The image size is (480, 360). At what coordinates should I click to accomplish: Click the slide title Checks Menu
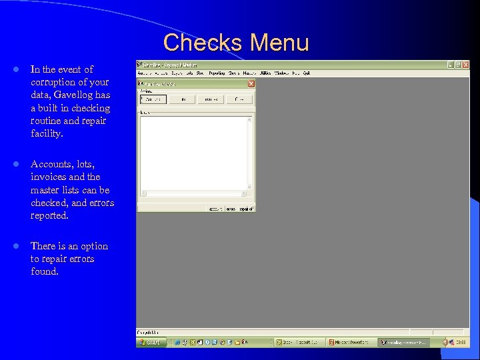pyautogui.click(x=236, y=43)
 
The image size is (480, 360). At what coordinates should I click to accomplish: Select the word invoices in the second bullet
pyautogui.click(x=48, y=177)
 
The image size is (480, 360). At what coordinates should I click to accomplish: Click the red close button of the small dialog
pyautogui.click(x=251, y=83)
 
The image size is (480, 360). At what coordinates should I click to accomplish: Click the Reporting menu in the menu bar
pyautogui.click(x=217, y=73)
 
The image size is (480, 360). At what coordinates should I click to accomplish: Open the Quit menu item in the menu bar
pyautogui.click(x=306, y=73)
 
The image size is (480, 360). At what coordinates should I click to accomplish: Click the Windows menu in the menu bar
pyautogui.click(x=281, y=73)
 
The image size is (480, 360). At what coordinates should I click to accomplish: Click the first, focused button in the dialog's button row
pyautogui.click(x=153, y=99)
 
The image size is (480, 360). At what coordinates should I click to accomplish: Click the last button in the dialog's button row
pyautogui.click(x=239, y=99)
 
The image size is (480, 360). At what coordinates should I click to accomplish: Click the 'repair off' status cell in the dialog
pyautogui.click(x=247, y=209)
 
